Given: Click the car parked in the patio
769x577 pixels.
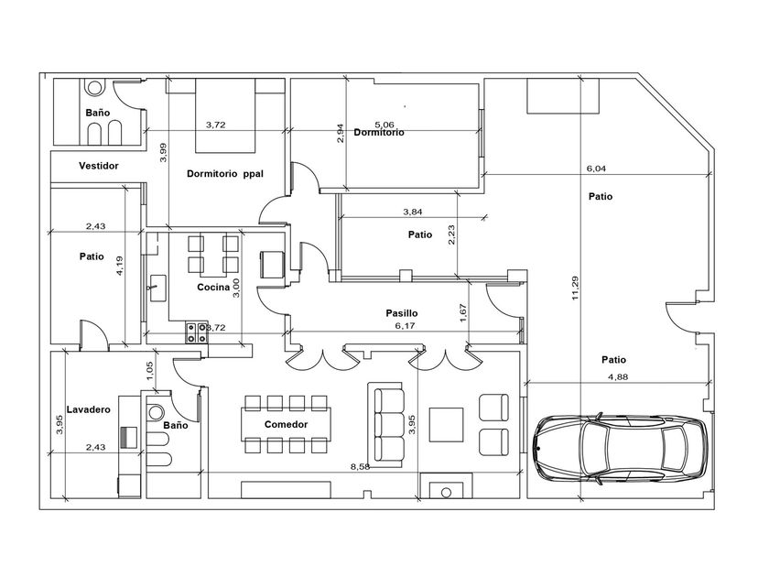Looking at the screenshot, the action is click(x=621, y=449).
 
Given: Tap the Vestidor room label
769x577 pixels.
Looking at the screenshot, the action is click(x=99, y=166).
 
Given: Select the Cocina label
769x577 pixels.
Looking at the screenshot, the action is click(x=213, y=287).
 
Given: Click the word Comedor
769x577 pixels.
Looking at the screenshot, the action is click(x=286, y=424).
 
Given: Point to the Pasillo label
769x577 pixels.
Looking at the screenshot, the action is click(x=402, y=313).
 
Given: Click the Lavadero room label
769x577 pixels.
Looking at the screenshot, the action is click(x=88, y=409).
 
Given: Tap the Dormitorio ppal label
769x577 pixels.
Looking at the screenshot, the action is click(x=225, y=174).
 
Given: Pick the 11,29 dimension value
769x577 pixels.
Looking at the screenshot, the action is click(x=575, y=288).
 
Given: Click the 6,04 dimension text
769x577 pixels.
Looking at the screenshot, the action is click(x=596, y=169).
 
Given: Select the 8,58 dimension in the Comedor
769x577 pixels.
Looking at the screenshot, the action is click(x=361, y=466).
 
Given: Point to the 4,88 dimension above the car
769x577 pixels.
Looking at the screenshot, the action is click(x=618, y=376).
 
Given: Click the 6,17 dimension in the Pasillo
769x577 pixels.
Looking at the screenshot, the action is click(x=405, y=325).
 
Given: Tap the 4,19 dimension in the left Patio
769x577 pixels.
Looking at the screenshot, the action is click(x=120, y=266).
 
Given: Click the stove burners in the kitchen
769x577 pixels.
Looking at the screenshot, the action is click(x=196, y=332).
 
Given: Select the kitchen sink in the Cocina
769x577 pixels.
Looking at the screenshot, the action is click(x=157, y=288).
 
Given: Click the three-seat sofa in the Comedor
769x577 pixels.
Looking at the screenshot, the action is click(x=386, y=424).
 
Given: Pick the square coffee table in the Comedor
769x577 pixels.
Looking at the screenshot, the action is click(x=447, y=424).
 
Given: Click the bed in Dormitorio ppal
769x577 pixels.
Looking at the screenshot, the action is click(x=225, y=115).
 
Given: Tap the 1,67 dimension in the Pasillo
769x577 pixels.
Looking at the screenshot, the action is click(x=463, y=312).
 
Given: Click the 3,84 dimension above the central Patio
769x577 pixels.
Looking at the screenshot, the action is click(x=413, y=212).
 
